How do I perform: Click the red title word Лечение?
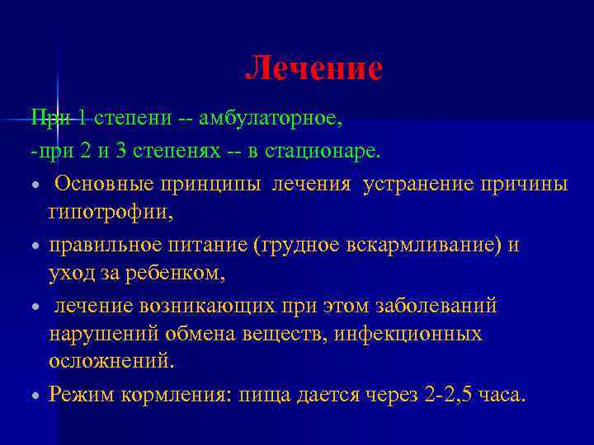pos(313,69)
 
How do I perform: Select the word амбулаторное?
pos(270,119)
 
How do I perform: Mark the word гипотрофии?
pos(111,213)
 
